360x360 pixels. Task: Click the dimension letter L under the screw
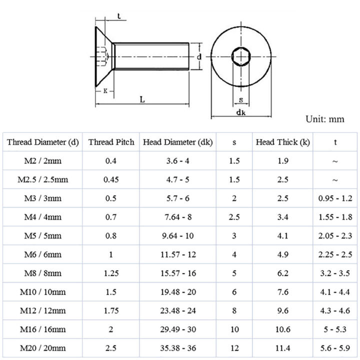[x=142, y=99]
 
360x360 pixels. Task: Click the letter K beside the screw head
[x=106, y=91]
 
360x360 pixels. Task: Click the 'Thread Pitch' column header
[x=111, y=142]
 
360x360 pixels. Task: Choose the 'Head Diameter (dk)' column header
[x=178, y=142]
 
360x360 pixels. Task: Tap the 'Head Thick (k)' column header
[x=283, y=142]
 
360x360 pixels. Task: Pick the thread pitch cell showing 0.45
[x=111, y=180]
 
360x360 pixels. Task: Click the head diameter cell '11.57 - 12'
[x=178, y=254]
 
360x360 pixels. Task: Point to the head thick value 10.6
[x=283, y=329]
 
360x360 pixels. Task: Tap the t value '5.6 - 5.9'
[x=335, y=347]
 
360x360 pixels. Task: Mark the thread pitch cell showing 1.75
[x=111, y=310]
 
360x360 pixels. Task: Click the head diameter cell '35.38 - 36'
[x=178, y=347]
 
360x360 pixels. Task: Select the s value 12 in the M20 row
[x=234, y=347]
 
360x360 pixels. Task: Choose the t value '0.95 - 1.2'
[x=335, y=198]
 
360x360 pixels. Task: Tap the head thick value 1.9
[x=283, y=161]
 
